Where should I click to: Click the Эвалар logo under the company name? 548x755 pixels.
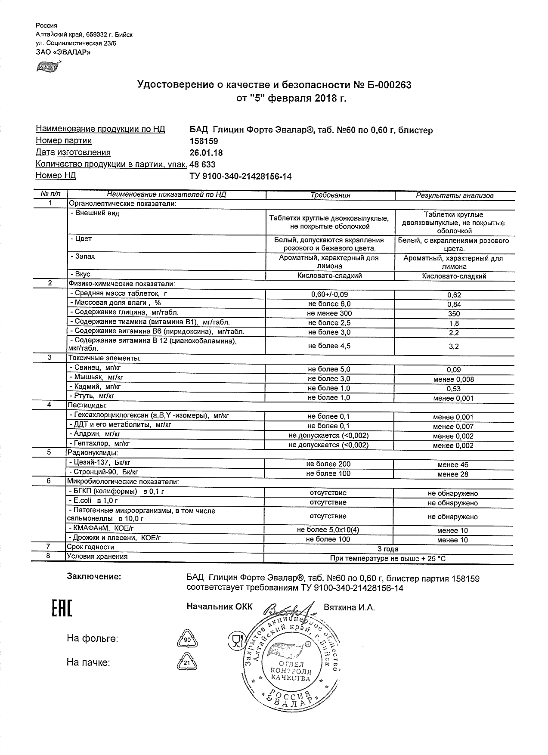tap(48, 67)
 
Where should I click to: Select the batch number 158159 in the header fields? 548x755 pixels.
tap(204, 141)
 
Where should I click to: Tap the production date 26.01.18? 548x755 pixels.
tap(206, 153)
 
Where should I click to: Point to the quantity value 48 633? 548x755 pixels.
tap(202, 164)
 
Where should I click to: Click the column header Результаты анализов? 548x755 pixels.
tap(454, 195)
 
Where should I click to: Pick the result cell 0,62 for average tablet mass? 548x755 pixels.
tap(454, 295)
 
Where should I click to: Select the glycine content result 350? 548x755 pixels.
tap(454, 314)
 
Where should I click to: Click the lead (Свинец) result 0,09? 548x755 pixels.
tap(454, 370)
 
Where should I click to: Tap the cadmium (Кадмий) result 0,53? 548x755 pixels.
tap(454, 389)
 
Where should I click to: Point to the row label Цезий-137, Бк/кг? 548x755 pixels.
tap(100, 463)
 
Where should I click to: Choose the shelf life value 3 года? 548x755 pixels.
tap(387, 549)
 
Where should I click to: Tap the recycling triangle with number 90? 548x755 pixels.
tap(187, 640)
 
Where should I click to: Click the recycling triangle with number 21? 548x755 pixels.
tap(187, 663)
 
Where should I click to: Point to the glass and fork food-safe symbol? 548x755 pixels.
tap(235, 641)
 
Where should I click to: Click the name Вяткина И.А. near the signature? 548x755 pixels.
tap(349, 607)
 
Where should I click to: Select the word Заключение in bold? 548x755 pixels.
tap(94, 577)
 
